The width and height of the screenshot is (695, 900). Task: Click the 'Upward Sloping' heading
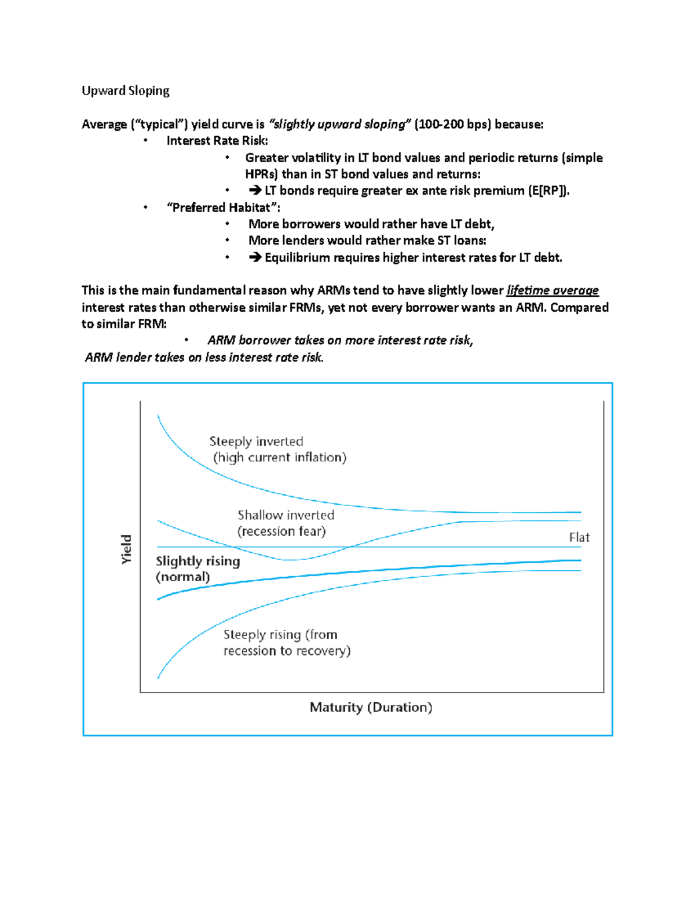click(125, 91)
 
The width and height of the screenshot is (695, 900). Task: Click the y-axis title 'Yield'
click(126, 549)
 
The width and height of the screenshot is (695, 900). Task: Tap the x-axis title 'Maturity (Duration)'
click(371, 707)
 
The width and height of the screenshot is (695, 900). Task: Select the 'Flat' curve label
click(579, 537)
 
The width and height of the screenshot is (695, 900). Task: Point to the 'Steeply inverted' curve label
click(256, 442)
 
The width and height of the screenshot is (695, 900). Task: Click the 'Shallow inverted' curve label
click(286, 515)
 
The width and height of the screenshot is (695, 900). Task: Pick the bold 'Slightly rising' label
click(197, 561)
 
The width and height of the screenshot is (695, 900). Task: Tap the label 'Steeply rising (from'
click(280, 635)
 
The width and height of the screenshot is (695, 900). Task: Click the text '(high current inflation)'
click(280, 457)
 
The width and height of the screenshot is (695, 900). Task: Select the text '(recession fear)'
click(281, 531)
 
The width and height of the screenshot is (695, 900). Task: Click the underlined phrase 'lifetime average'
click(552, 290)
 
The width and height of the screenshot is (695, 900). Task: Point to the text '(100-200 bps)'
click(452, 124)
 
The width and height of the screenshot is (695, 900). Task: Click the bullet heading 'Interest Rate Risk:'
click(217, 141)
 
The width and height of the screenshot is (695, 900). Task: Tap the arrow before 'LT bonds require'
click(255, 191)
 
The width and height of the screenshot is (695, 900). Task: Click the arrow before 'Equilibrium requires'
click(255, 257)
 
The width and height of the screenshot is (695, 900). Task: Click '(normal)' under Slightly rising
click(182, 577)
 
